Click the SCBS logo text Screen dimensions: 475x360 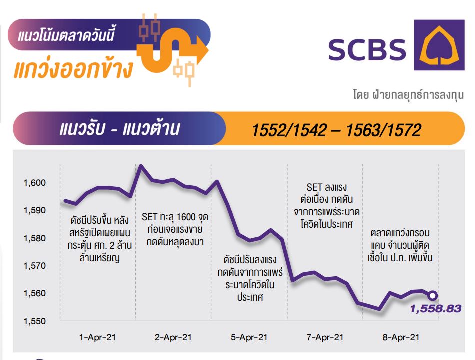(367, 50)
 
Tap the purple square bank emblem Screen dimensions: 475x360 (439, 45)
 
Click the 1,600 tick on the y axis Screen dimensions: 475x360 (35, 182)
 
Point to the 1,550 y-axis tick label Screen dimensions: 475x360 (35, 321)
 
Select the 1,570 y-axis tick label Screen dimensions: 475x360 (35, 266)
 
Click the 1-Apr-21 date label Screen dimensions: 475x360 (97, 337)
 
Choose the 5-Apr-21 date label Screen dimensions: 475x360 (249, 337)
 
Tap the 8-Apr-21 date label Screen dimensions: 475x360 (401, 337)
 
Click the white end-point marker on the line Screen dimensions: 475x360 (433, 296)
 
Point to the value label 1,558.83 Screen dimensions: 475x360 (436, 309)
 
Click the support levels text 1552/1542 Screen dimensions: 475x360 (289, 130)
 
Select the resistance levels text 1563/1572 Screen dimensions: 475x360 (383, 130)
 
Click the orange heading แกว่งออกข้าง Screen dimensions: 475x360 (73, 69)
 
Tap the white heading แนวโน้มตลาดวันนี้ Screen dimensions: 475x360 (66, 35)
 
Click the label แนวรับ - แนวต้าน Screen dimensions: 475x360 (120, 129)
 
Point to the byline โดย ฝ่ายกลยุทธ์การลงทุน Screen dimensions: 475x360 (408, 94)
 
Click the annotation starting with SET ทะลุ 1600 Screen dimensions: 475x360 (175, 229)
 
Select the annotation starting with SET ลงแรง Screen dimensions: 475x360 (327, 206)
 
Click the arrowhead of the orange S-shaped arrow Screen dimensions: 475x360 (202, 49)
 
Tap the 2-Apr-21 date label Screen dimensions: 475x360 (173, 337)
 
